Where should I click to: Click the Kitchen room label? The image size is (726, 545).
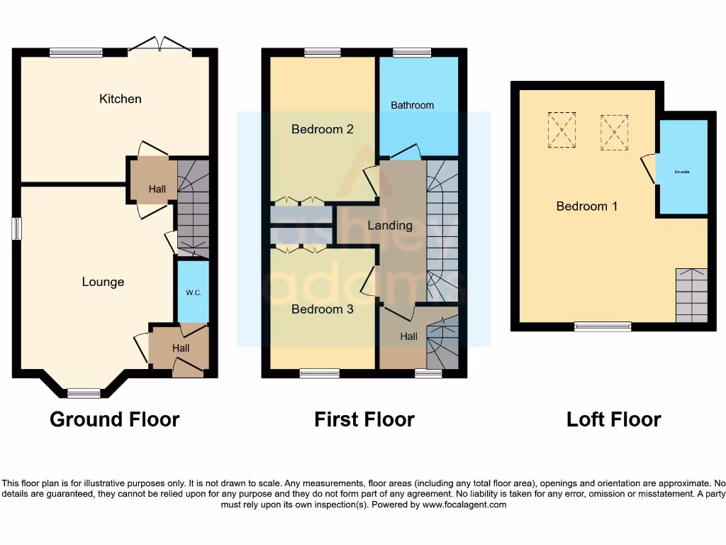121,99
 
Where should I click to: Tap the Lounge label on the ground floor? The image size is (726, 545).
103,282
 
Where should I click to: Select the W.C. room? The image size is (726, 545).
193,292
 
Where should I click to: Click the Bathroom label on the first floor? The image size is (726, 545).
412,105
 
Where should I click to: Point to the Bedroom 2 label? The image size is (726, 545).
322,129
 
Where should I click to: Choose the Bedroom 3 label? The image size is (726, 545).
322,309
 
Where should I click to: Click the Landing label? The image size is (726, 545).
390,225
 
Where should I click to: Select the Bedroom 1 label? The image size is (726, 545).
586,206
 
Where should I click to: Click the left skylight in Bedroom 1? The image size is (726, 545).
562,130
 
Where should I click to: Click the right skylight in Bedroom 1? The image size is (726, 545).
615,132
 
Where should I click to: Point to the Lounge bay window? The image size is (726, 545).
84,392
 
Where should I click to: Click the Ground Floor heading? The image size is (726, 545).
114,419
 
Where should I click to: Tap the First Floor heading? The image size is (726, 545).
364,419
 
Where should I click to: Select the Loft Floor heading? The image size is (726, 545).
613,419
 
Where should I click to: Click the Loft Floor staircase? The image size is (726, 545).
691,294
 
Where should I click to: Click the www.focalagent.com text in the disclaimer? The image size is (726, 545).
464,505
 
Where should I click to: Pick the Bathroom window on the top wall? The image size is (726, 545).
412,52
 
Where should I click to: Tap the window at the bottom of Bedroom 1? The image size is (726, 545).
603,326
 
